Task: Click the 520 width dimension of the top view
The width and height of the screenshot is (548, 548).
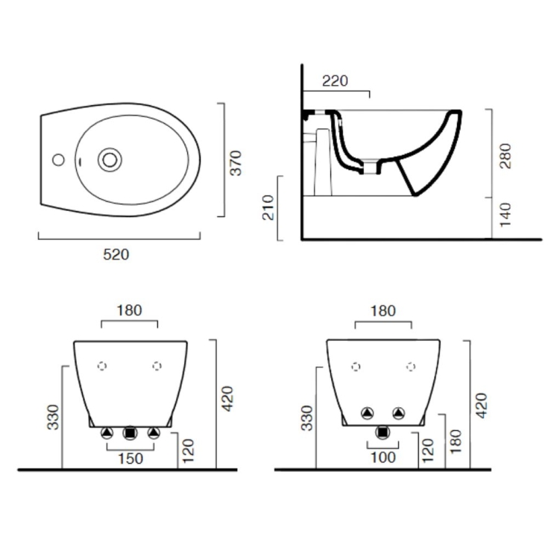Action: tap(116, 254)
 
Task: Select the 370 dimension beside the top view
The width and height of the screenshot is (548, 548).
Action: tap(236, 163)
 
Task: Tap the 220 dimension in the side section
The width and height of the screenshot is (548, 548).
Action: tap(335, 81)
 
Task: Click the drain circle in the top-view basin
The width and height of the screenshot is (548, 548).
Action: tap(110, 158)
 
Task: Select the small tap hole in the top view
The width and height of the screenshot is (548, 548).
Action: tap(57, 158)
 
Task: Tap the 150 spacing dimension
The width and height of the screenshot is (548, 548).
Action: tap(130, 459)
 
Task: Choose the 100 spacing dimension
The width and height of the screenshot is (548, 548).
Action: tap(383, 459)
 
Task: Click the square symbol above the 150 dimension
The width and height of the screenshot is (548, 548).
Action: tap(130, 432)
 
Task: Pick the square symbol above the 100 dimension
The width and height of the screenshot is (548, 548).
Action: tap(383, 431)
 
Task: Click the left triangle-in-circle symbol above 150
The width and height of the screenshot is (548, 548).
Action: tap(107, 432)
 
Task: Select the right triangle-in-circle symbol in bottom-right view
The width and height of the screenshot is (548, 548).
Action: tap(400, 412)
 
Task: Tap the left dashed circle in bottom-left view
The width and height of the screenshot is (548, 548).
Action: tap(103, 365)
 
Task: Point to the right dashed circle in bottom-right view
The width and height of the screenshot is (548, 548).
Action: tap(411, 366)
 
